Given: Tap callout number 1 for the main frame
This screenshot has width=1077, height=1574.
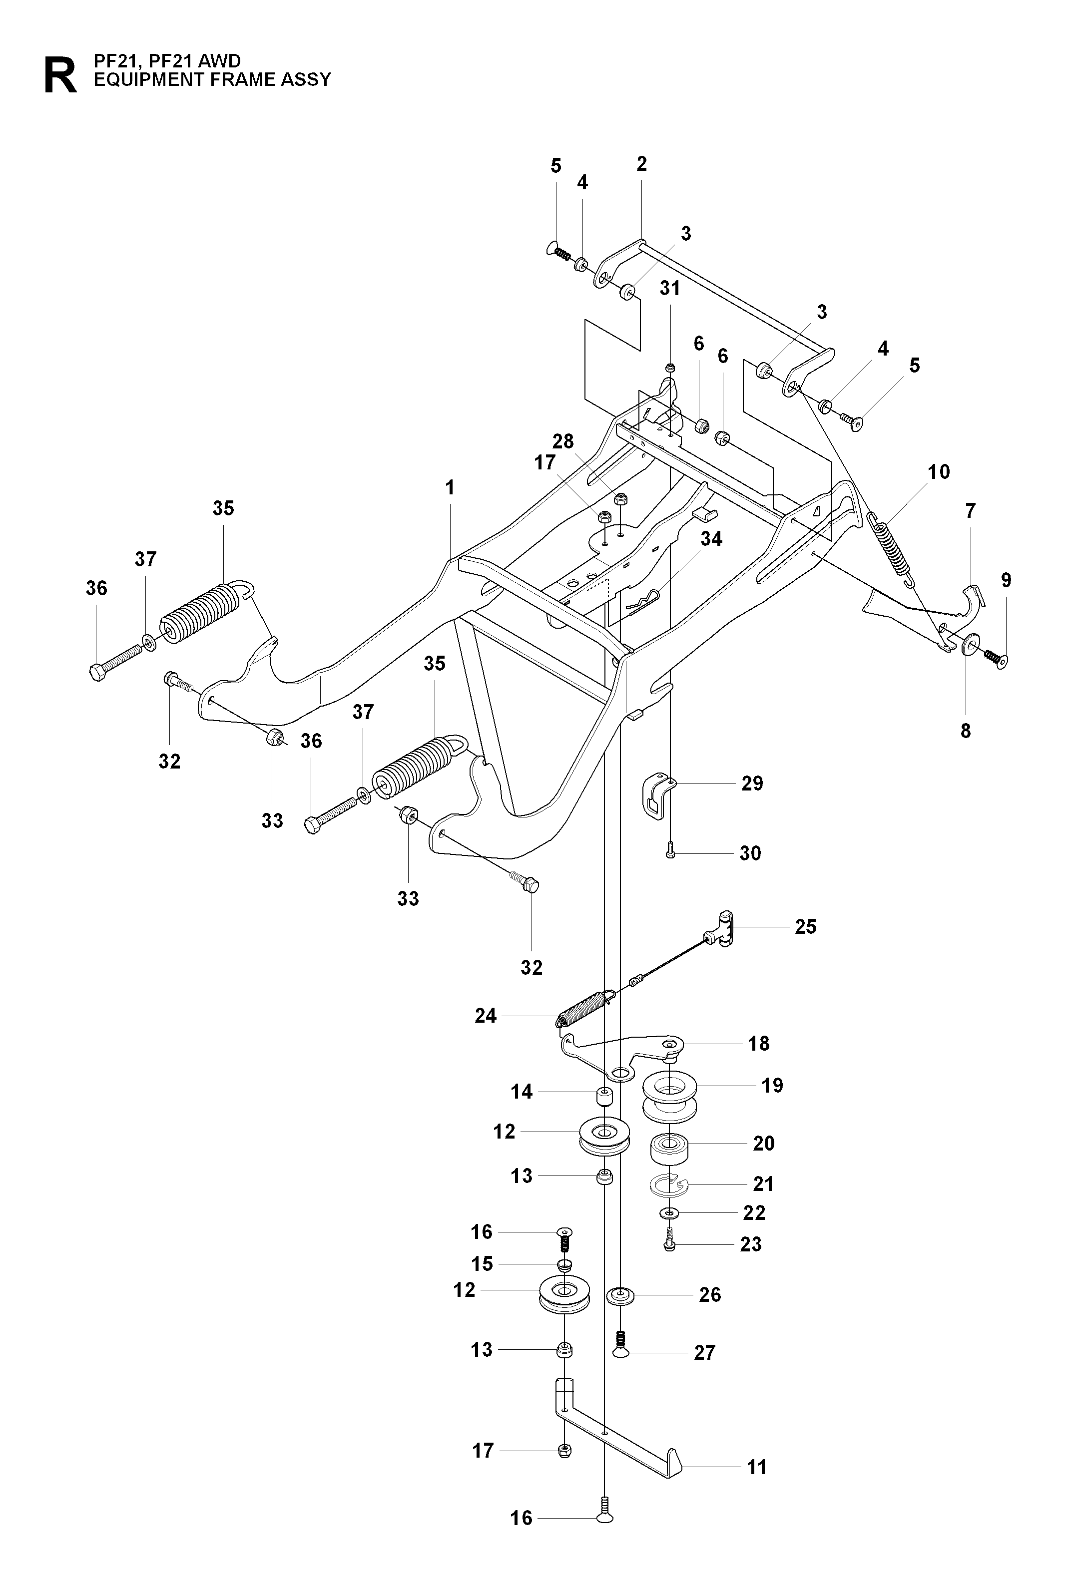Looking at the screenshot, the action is (x=450, y=488).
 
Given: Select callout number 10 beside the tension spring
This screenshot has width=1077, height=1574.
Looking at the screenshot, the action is (x=939, y=472).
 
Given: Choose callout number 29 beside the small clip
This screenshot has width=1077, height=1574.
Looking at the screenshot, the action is (x=752, y=784).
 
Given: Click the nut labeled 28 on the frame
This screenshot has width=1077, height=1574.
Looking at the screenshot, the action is (x=620, y=500).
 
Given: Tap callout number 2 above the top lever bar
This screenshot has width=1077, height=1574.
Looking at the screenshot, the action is (x=641, y=164).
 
